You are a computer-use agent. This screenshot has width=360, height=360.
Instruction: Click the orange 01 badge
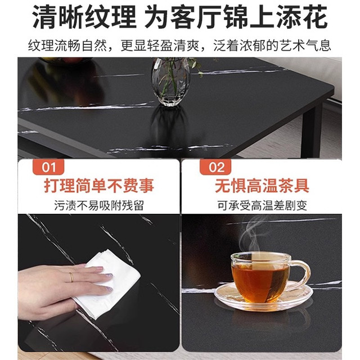tap(48, 167)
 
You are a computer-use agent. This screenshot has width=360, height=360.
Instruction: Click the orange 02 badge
tap(215, 167)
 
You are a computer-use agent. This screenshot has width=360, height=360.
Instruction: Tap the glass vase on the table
tap(171, 82)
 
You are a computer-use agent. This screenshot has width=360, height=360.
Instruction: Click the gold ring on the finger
tap(71, 277)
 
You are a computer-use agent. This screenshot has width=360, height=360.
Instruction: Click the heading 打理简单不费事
tap(99, 186)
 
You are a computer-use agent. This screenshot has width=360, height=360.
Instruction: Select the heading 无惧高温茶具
tap(262, 186)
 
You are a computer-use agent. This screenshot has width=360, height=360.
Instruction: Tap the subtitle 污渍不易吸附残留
tap(99, 205)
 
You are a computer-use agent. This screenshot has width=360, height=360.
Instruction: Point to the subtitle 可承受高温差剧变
tap(262, 205)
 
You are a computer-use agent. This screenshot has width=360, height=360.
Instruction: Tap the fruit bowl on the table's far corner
tap(65, 61)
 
